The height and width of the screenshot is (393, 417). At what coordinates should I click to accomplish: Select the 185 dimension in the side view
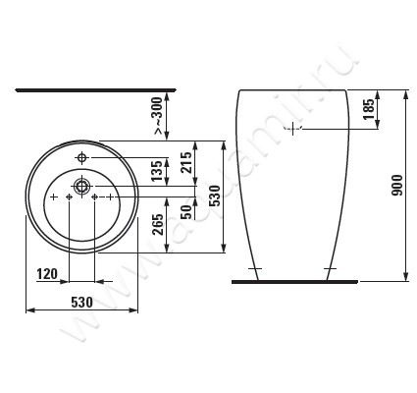tap(368, 110)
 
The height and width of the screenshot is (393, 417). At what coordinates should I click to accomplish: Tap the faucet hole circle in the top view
tap(82, 158)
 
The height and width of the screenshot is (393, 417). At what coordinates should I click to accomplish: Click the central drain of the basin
tap(82, 185)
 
